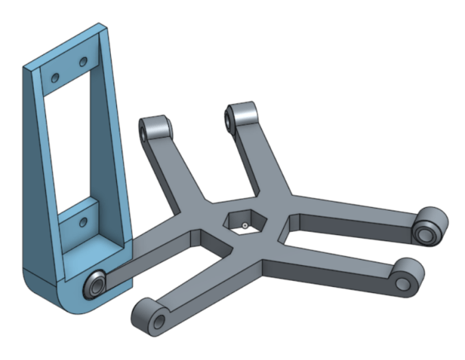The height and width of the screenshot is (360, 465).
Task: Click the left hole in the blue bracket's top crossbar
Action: (56, 78)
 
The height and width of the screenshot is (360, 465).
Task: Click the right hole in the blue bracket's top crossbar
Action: (84, 62)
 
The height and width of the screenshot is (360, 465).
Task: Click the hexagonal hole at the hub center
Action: (245, 223)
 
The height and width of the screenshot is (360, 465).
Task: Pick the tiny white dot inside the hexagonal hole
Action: (245, 226)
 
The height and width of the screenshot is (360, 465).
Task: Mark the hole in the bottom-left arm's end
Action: (158, 322)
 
